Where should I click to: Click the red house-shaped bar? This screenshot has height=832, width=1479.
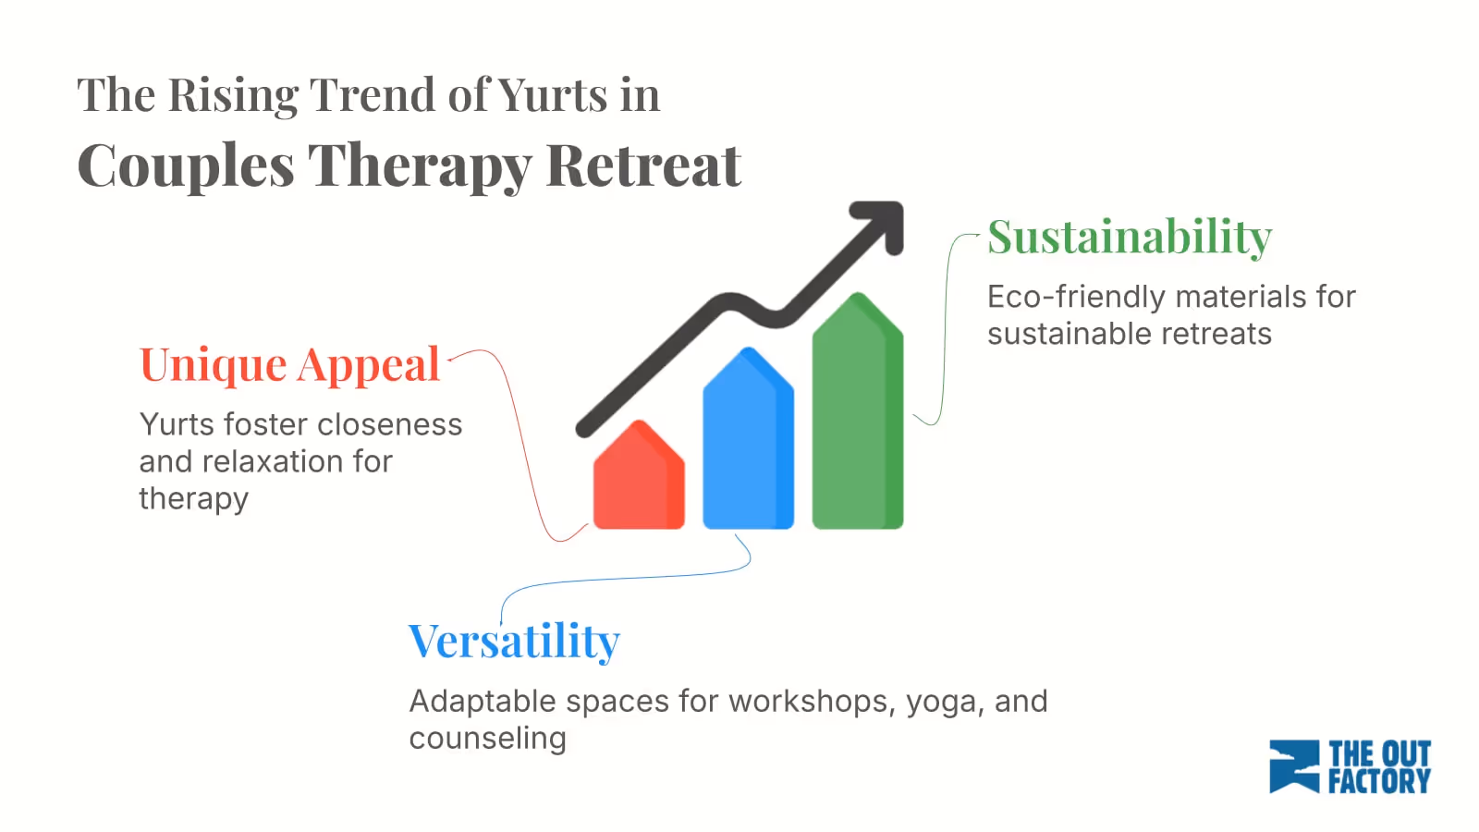click(x=639, y=481)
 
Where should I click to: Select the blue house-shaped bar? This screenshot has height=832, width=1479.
click(x=748, y=444)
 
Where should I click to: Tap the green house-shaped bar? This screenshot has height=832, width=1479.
click(x=857, y=416)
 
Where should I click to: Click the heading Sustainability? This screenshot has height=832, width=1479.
click(x=1130, y=237)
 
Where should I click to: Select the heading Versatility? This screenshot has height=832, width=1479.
click(x=514, y=641)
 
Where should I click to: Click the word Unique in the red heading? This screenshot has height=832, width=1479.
click(x=213, y=364)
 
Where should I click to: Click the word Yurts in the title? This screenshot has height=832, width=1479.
click(x=553, y=95)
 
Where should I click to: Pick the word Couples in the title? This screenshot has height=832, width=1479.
click(x=185, y=166)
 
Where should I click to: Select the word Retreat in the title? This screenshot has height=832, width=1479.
click(x=643, y=166)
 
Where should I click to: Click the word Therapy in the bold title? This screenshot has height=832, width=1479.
click(x=420, y=166)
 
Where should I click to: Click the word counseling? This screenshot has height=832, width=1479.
click(x=487, y=739)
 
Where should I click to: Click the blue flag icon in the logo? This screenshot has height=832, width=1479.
click(x=1293, y=766)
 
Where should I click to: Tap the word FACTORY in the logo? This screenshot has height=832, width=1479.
click(x=1379, y=782)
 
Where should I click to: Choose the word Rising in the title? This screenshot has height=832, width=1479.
click(x=233, y=95)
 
